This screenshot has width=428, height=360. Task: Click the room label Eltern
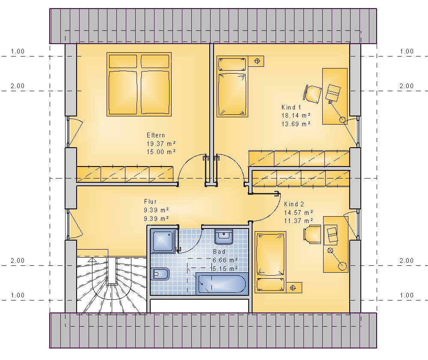click(x=156, y=135)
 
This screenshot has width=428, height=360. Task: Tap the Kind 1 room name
click(x=291, y=107)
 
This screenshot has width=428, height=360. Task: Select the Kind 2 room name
click(x=294, y=204)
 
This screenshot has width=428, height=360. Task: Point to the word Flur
click(x=150, y=202)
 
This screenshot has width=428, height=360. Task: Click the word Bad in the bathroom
click(x=219, y=252)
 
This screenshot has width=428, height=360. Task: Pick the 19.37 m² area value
click(x=161, y=143)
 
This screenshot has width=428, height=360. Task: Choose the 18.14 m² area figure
click(x=296, y=116)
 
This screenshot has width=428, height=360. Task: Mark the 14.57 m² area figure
click(x=299, y=212)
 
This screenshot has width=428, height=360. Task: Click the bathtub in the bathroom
click(x=222, y=284)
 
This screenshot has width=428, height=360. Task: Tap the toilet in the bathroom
click(x=160, y=274)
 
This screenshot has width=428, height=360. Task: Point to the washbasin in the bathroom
click(x=224, y=237)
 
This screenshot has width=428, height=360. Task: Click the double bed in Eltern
click(x=139, y=84)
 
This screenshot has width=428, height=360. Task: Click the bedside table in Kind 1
click(x=256, y=61)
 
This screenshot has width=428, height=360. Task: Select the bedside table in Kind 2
click(x=294, y=287)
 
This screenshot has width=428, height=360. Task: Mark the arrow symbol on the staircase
click(x=92, y=260)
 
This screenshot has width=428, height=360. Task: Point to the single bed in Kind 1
click(x=232, y=86)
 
